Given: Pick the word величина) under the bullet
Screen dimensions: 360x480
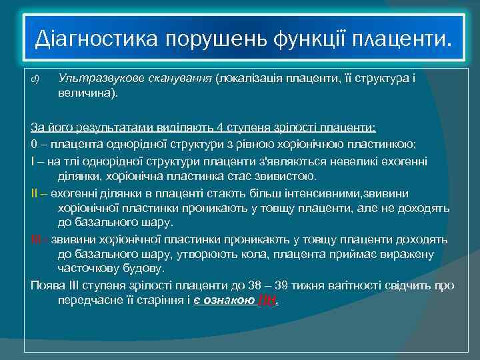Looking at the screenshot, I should point(87,93).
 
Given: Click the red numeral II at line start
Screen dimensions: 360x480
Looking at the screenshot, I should point(35,193).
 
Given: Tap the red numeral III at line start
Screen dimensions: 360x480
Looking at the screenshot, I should point(36,239).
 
